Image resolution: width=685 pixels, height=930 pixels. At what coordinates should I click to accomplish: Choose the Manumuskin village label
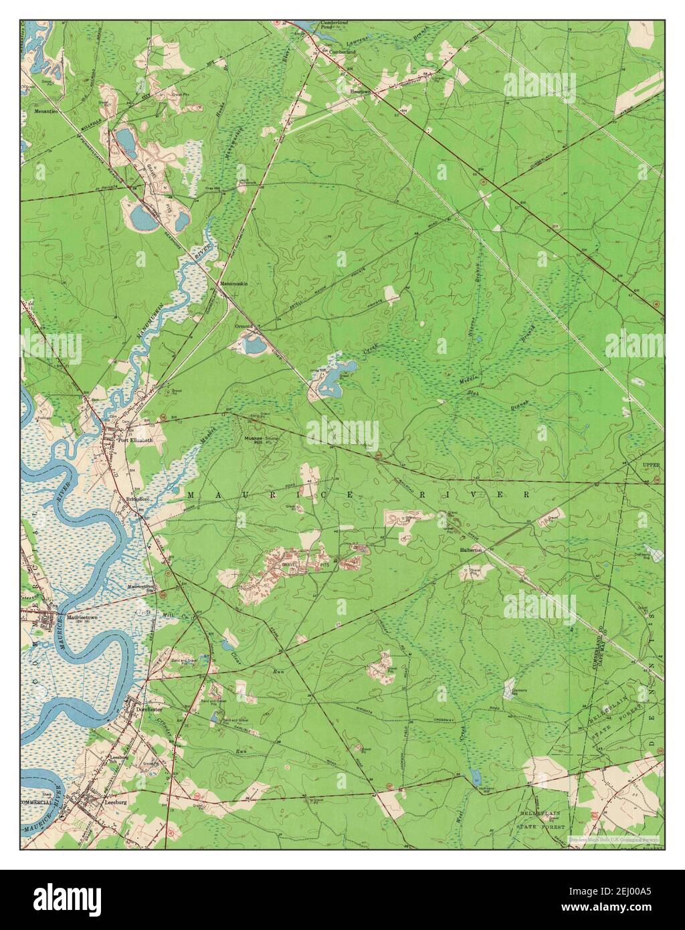pos(234,284)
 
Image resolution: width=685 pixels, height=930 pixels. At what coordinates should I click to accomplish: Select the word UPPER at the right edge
pos(651,465)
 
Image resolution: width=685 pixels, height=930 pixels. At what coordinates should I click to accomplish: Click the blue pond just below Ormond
pos(253,345)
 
